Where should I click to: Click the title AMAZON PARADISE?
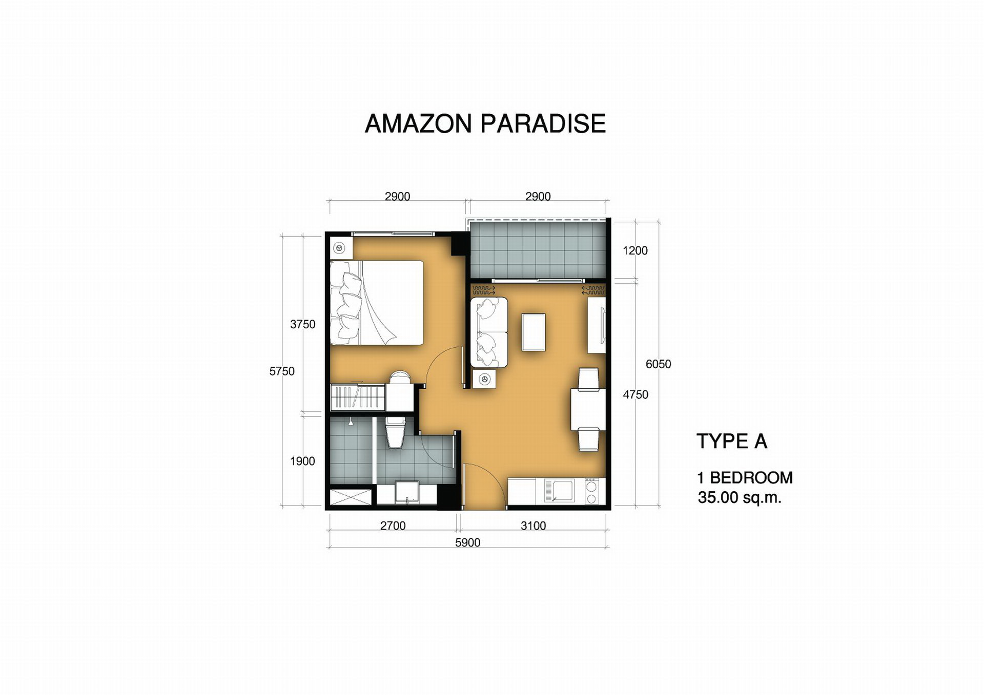point(485,124)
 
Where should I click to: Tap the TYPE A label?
point(731,441)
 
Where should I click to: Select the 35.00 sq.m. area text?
point(739,497)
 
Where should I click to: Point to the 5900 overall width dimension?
point(467,543)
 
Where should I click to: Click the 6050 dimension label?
point(658,364)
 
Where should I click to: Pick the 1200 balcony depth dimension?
point(635,250)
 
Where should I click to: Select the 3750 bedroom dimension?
point(302,324)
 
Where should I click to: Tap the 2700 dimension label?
point(393,526)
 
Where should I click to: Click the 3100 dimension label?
point(533,526)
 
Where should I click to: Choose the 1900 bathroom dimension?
point(302,461)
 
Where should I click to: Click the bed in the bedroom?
point(377,303)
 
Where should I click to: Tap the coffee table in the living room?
point(534,332)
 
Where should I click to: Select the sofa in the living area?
point(489,332)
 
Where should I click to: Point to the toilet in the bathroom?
point(395,432)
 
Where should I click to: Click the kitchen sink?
point(559,491)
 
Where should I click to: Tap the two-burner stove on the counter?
point(591,491)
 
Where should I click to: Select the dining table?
point(588,409)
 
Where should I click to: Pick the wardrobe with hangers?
point(358,397)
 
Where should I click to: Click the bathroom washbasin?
point(407,493)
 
